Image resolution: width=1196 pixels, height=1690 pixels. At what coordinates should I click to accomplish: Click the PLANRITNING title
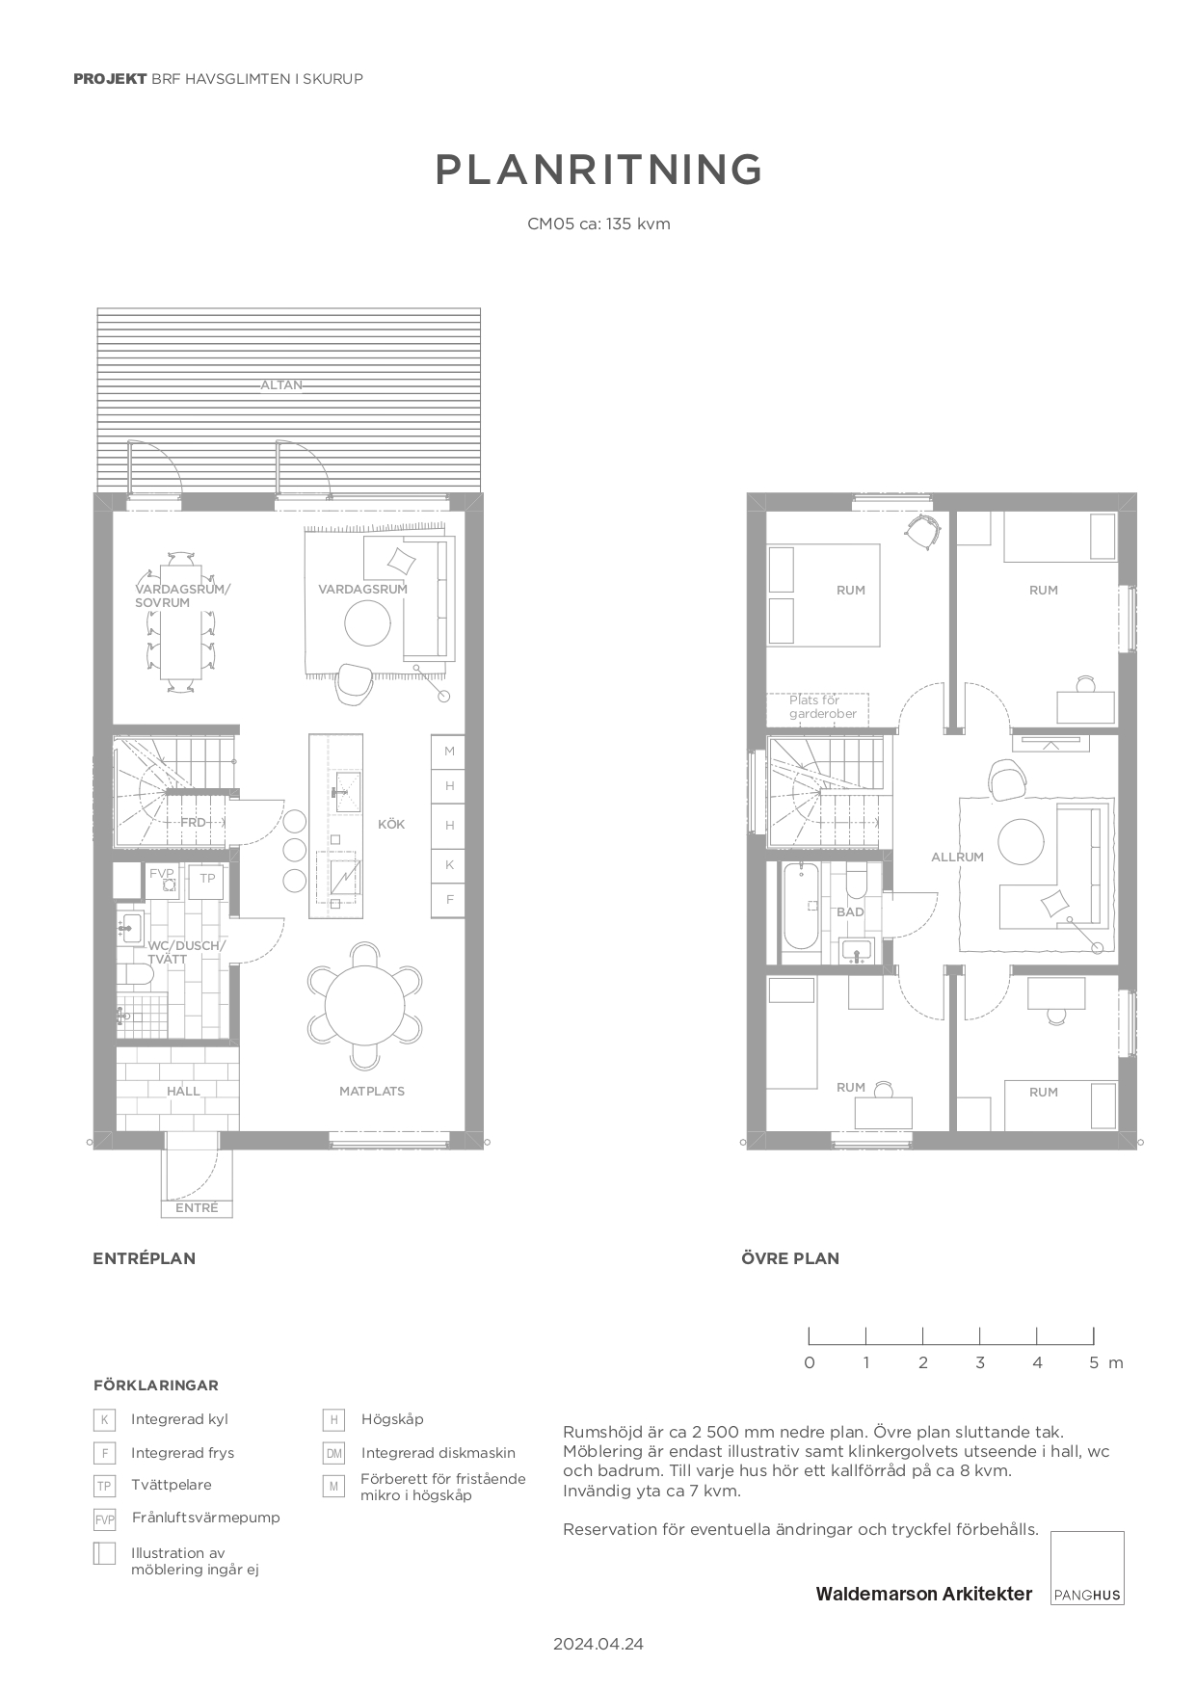pos(598,170)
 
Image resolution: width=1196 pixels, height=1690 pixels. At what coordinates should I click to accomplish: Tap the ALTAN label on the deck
pos(281,385)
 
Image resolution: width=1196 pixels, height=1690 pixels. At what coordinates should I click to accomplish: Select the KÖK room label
pos(391,825)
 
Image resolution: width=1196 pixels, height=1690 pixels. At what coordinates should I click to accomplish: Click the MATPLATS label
pos(372,1092)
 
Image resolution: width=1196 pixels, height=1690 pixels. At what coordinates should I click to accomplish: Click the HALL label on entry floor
pos(183,1092)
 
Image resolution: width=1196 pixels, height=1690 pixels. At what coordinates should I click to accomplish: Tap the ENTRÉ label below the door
pos(197,1208)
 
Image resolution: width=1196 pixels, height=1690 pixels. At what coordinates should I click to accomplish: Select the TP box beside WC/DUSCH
pos(207,879)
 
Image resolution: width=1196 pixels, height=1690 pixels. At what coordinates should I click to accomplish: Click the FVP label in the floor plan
pos(161,873)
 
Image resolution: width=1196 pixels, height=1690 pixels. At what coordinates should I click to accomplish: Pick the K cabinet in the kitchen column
pos(449,865)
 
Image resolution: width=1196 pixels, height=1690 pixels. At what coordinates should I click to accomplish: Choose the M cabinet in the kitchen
pos(449,752)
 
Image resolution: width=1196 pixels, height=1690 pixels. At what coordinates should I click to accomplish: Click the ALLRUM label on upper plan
pos(957,858)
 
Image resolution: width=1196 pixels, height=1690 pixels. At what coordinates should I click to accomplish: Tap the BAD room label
pos(850,912)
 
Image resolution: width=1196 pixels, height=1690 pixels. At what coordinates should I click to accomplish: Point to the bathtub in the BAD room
pos(800,907)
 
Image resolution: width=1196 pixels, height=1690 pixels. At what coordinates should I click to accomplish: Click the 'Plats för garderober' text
pos(822,707)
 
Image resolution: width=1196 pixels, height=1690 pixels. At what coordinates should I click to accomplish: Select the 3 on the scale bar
pos(980,1362)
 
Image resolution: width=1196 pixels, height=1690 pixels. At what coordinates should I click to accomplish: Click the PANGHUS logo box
pos(1087,1568)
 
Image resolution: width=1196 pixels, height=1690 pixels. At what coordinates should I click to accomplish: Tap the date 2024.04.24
pos(598,1644)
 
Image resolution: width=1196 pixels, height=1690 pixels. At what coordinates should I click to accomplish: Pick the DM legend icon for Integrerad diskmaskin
pos(333,1454)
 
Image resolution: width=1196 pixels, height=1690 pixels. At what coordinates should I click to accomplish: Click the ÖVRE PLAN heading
pos(790,1258)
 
